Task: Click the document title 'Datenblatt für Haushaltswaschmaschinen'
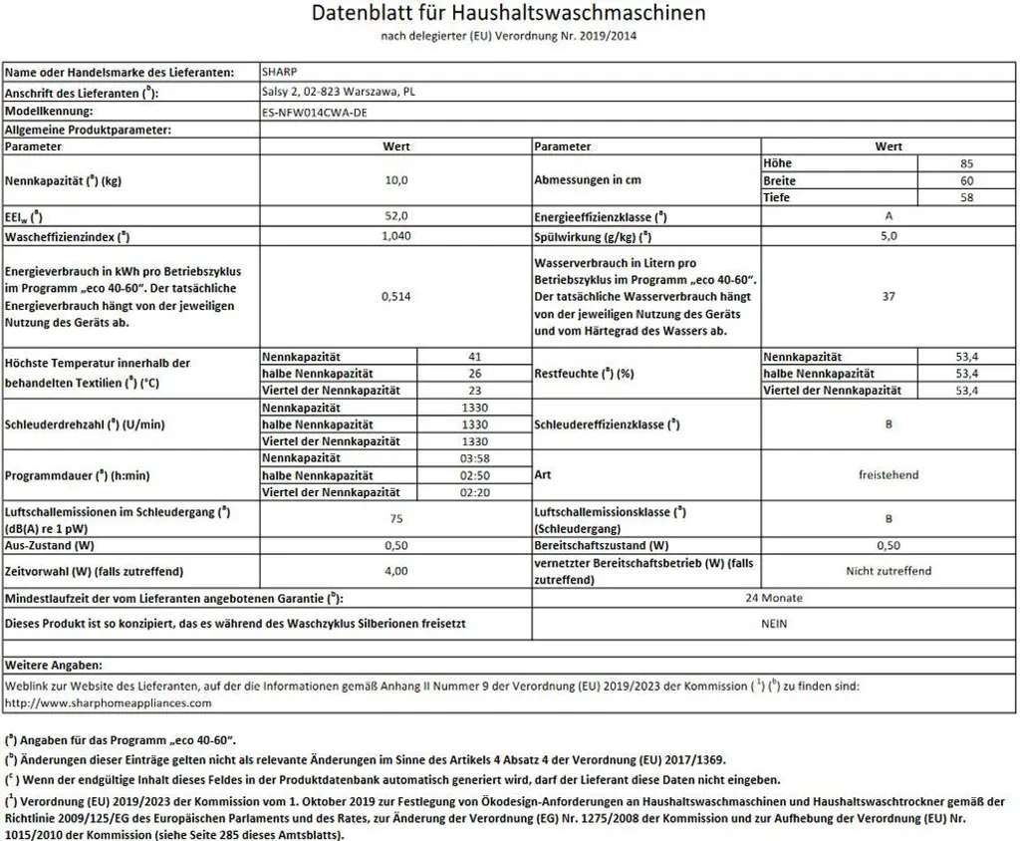pos(509,14)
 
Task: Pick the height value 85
pos(964,162)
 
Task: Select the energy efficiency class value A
pos(889,216)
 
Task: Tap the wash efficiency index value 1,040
pos(395,236)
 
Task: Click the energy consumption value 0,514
pos(395,295)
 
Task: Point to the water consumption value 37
pos(889,295)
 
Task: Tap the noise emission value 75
pos(395,518)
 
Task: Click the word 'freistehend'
pos(889,475)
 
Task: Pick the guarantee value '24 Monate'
pos(774,598)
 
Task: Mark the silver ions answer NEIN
pos(774,623)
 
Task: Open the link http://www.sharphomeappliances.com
pos(109,702)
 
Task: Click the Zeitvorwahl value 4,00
pos(395,571)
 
